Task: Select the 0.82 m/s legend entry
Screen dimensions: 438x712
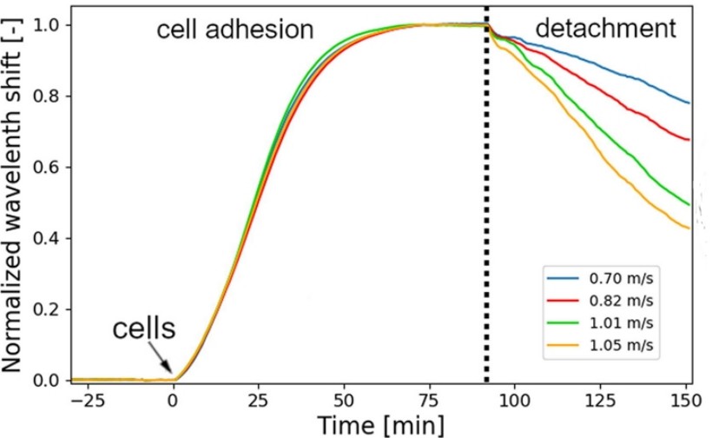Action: (x=600, y=301)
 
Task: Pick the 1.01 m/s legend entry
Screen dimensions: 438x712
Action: (x=600, y=323)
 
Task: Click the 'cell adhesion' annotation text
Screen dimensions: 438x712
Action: (x=234, y=30)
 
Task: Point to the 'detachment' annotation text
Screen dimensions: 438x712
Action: (x=605, y=30)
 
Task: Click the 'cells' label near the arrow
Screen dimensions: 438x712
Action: (x=144, y=329)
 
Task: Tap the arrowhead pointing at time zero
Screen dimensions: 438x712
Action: (x=172, y=375)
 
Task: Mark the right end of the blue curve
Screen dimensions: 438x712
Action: (x=689, y=103)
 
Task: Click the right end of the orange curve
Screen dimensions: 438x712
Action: (x=689, y=229)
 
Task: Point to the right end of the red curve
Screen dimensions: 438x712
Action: (x=689, y=139)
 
